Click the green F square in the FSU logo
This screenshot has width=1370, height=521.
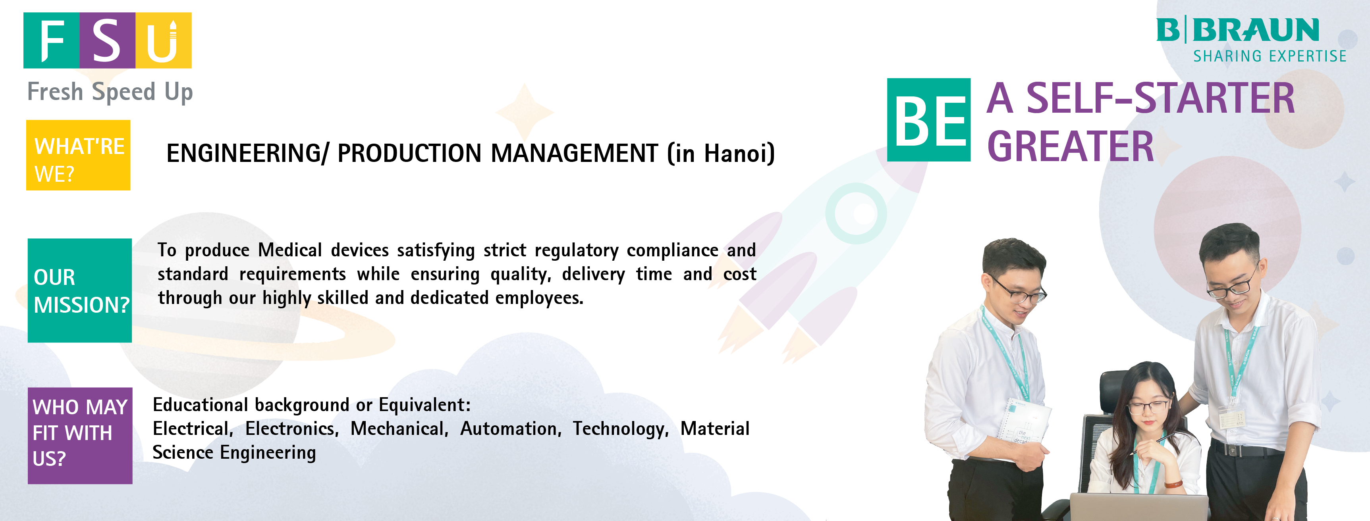tap(52, 40)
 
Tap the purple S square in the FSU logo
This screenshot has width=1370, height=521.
tap(108, 40)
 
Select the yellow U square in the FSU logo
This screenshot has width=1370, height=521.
tap(163, 40)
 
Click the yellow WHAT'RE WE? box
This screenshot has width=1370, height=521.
tap(78, 155)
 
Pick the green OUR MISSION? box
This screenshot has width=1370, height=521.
tap(80, 290)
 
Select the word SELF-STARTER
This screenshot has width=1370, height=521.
tap(1160, 98)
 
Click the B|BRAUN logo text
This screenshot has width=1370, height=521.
tap(1237, 30)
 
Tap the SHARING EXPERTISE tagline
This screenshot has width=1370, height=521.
tap(1270, 56)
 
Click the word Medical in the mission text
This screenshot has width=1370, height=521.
tap(290, 250)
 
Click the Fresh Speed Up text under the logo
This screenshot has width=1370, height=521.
tap(110, 92)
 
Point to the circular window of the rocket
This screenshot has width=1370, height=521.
tap(856, 213)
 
